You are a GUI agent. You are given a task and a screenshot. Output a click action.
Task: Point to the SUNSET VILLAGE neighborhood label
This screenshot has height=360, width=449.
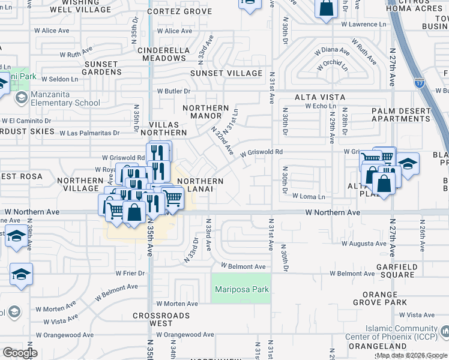226,73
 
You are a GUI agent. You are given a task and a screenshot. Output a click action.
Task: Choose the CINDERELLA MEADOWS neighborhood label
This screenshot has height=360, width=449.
162,54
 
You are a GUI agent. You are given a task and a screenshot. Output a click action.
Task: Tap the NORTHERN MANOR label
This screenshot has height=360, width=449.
205,112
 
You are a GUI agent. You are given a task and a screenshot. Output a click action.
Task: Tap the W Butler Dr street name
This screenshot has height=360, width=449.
174,91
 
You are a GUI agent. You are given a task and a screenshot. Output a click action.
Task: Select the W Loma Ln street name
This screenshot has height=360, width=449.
309,196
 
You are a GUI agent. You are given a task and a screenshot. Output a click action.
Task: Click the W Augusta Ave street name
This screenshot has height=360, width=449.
364,244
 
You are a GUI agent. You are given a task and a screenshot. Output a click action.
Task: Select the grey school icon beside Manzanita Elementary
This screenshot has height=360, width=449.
20,98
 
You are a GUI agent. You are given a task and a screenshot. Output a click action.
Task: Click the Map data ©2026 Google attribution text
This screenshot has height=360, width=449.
411,355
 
